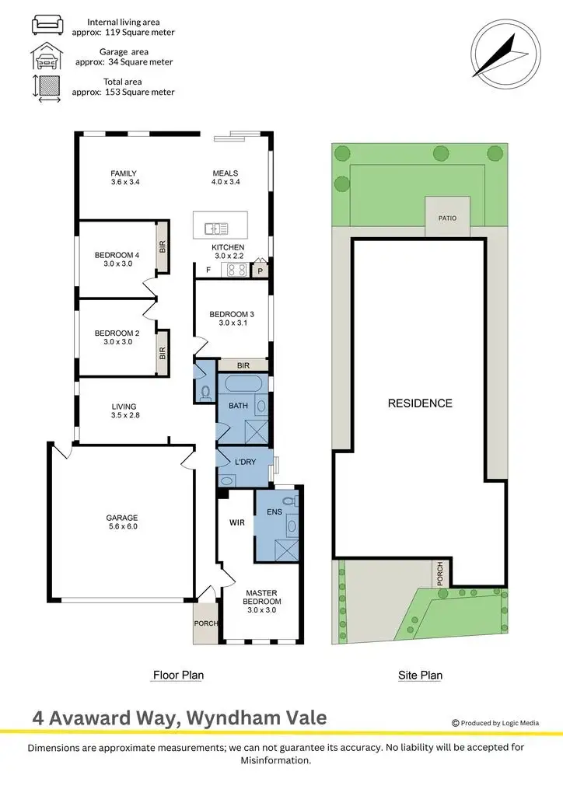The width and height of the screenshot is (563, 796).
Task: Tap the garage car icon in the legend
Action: (x=46, y=56)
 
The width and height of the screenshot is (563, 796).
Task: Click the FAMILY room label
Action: (x=123, y=173)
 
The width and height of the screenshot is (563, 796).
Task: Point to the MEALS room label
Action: (x=226, y=173)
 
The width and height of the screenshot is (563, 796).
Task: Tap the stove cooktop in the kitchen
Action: (x=236, y=271)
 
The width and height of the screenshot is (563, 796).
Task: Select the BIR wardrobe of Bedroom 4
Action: (x=163, y=247)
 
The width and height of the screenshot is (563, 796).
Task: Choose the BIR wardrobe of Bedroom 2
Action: (x=163, y=351)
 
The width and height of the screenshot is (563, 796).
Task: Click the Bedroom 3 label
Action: (x=232, y=314)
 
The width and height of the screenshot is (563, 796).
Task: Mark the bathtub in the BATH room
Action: (x=241, y=383)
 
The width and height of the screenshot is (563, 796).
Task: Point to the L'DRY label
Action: (x=245, y=463)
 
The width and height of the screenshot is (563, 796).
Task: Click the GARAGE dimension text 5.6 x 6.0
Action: (x=122, y=526)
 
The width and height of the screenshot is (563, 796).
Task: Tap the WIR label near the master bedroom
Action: (x=237, y=522)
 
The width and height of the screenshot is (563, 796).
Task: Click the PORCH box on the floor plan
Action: (x=206, y=623)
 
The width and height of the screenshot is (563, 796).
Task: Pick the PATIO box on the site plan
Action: (x=447, y=217)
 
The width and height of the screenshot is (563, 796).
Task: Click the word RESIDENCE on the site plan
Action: (x=420, y=403)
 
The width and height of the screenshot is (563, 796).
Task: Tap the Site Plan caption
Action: (x=420, y=676)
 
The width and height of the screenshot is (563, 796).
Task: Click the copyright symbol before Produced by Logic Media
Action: (x=455, y=722)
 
